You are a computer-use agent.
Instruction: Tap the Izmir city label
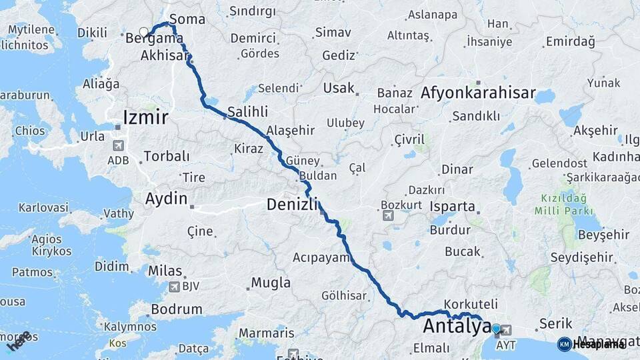145,119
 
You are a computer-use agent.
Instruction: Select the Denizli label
293,205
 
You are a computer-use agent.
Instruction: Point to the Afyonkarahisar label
478,93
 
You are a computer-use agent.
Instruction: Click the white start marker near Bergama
143,31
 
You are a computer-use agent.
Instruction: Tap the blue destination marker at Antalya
496,329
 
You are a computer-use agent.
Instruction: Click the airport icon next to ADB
119,145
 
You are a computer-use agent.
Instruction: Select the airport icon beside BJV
174,287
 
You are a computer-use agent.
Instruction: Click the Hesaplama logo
591,344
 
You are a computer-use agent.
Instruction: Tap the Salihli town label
247,111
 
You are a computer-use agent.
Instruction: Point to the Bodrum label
177,309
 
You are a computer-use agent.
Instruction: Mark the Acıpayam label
321,257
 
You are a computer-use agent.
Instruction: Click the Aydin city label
167,198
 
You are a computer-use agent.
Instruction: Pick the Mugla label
271,283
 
